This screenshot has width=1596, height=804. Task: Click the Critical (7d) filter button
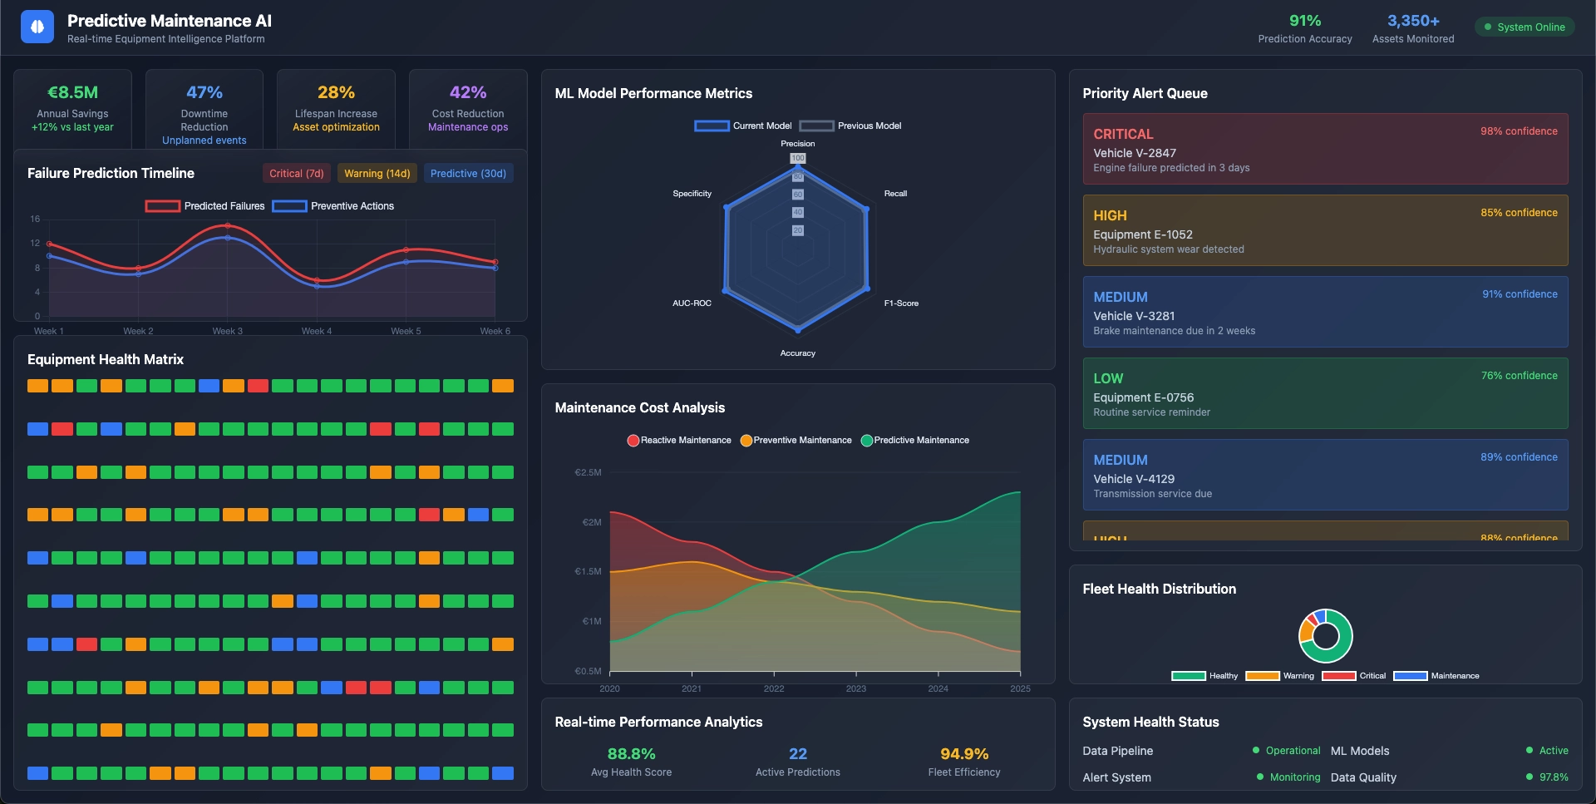297,173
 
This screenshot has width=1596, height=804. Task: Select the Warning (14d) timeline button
377,173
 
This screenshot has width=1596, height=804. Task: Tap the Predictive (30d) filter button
468,173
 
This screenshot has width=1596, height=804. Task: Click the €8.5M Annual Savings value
72,92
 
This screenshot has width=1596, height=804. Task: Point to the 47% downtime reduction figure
204,92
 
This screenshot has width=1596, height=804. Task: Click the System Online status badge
1525,27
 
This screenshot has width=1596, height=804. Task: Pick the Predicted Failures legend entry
205,206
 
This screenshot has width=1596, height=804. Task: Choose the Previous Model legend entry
851,126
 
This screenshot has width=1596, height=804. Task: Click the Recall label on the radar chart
895,194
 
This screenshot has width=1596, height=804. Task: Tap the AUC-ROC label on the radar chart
692,303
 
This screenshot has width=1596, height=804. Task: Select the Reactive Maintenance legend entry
679,441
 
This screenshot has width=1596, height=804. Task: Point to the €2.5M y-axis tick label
588,472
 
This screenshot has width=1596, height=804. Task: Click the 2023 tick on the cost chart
855,688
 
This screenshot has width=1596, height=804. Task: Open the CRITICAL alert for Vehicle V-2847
1325,149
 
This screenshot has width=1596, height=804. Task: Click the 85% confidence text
1519,213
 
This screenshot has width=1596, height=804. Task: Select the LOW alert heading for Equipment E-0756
1108,378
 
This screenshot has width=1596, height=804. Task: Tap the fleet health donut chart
1325,636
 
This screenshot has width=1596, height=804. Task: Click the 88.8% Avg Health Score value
631,754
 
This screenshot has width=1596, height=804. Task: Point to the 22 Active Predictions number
798,754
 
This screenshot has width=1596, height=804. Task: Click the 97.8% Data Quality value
1554,777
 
